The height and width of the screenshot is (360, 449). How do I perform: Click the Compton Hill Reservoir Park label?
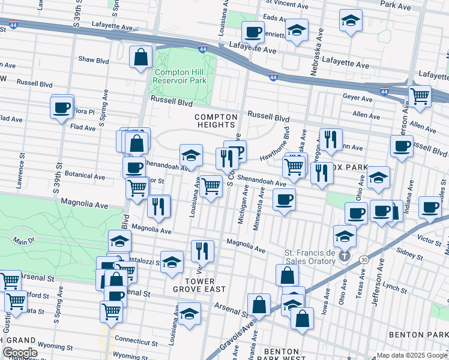click(x=180, y=76)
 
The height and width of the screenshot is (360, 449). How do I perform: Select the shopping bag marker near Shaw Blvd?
click(x=140, y=58)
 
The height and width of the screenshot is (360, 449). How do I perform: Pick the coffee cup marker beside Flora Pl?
click(x=62, y=108)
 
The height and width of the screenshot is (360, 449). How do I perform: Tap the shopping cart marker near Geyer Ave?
click(x=420, y=95)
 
